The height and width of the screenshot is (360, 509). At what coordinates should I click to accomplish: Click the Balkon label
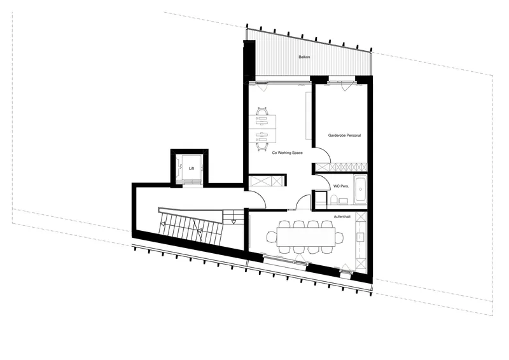304,57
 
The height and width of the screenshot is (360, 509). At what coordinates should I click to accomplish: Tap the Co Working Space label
288,153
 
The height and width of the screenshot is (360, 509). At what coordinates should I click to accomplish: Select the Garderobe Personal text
344,135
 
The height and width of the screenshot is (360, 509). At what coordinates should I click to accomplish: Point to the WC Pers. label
341,186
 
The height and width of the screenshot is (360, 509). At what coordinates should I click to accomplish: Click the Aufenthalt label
342,216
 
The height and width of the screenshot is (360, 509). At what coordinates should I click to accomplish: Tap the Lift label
192,169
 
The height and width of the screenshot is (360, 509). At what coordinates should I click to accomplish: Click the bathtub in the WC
359,190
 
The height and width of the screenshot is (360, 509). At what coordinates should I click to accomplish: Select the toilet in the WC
333,200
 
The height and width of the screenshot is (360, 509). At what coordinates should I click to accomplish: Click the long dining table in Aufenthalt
306,237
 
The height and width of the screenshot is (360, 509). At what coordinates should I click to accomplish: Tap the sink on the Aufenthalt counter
360,237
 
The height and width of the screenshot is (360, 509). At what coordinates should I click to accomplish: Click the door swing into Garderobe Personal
323,155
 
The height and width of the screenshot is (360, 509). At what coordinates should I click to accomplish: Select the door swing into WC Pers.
323,183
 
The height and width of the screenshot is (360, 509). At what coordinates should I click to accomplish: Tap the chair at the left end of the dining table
272,237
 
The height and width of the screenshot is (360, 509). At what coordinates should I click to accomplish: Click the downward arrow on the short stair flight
234,222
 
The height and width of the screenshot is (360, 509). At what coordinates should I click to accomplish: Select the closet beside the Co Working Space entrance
267,181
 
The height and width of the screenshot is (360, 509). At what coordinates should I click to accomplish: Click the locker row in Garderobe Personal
342,167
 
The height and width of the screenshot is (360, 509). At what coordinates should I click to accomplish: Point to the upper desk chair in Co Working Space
261,111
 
